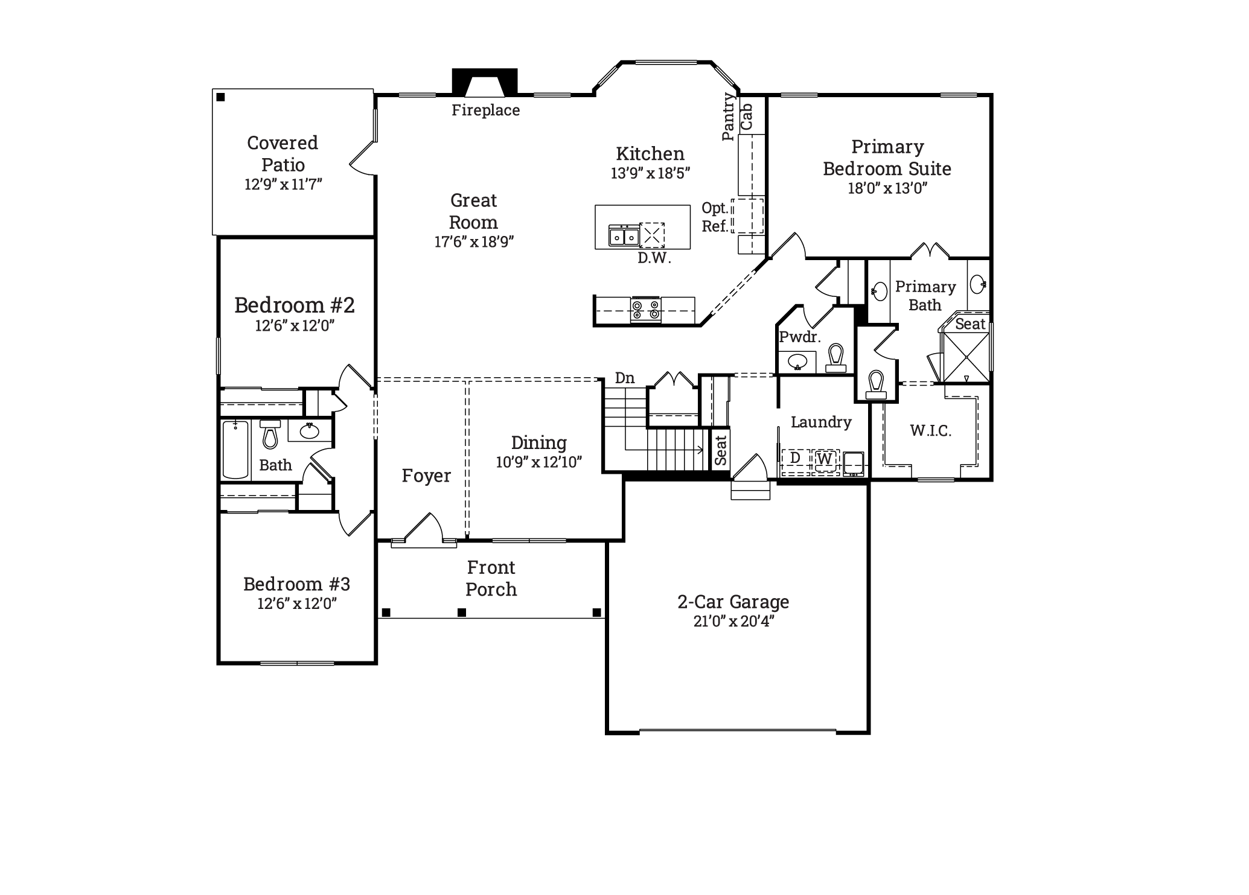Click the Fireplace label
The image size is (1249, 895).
[x=485, y=110]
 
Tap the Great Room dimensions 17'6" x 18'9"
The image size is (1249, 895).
[x=474, y=241]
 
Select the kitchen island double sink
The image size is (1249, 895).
[x=624, y=236]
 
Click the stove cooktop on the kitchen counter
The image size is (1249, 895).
[x=645, y=310]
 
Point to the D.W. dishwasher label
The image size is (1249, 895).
[x=654, y=258]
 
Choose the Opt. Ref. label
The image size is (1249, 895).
[x=715, y=217]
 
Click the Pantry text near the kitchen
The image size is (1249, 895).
[x=729, y=116]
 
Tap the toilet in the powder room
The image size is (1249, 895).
[x=836, y=358]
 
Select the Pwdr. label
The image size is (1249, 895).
[x=800, y=337]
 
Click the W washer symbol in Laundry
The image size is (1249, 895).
[x=825, y=459]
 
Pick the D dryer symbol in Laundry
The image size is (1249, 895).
[x=796, y=459]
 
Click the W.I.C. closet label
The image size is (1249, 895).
[x=931, y=430]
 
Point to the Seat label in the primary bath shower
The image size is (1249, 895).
[x=970, y=324]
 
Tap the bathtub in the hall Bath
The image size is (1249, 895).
[x=235, y=450]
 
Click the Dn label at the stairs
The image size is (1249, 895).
[x=625, y=378]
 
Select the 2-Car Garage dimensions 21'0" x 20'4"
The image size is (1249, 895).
[x=733, y=621]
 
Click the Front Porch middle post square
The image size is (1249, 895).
[x=462, y=613]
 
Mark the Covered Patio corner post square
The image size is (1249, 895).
[x=221, y=97]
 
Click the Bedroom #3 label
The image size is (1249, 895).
[x=296, y=584]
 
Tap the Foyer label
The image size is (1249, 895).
[x=426, y=476]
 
